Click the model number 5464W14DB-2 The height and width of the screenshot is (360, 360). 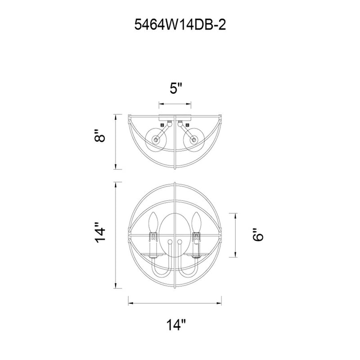(x=180, y=24)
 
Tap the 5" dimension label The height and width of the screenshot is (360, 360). (x=175, y=88)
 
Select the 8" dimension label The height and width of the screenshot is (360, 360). (x=100, y=135)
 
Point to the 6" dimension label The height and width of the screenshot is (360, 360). (x=257, y=234)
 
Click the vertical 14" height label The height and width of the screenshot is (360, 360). (x=100, y=232)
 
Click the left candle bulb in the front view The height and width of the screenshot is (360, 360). (x=153, y=222)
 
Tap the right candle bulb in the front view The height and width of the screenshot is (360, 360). (x=196, y=222)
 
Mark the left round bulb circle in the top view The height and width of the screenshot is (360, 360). (x=156, y=139)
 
